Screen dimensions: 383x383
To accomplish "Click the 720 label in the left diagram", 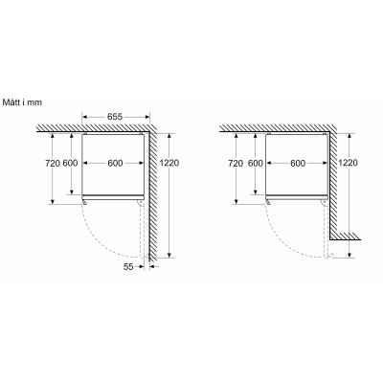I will coord(55,164).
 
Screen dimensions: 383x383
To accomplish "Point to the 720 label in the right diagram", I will coord(234,164).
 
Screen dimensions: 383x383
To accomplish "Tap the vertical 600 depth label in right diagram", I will coord(253,164).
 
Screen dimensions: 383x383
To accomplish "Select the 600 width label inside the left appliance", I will coord(114,164).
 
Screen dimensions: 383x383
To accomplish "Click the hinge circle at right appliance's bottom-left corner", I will coord(268,200).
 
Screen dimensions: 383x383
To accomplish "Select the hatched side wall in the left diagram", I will coord(157,191).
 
